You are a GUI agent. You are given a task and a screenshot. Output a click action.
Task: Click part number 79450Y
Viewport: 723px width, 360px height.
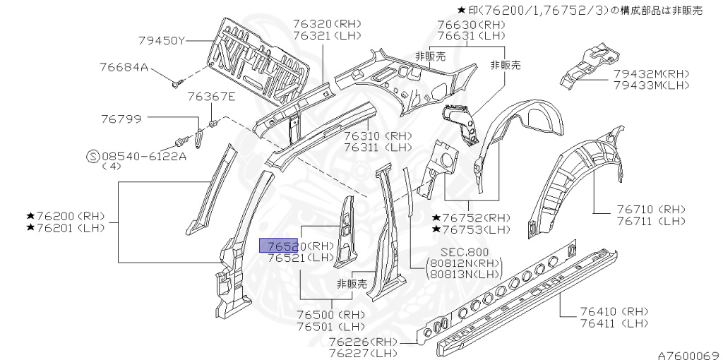161,40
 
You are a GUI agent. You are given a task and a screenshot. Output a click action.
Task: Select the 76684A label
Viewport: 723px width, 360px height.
124,68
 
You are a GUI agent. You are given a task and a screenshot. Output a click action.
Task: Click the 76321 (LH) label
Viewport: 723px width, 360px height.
327,35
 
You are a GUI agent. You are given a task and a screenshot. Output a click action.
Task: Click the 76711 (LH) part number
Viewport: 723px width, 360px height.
650,221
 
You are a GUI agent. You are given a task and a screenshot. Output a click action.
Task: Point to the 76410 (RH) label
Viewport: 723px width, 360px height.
614,311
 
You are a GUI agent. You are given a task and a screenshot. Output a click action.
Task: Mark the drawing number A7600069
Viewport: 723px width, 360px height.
688,355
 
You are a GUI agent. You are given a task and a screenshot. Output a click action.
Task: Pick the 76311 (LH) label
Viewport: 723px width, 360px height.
378,148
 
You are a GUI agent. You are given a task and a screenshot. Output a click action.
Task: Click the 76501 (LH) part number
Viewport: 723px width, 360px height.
330,327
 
